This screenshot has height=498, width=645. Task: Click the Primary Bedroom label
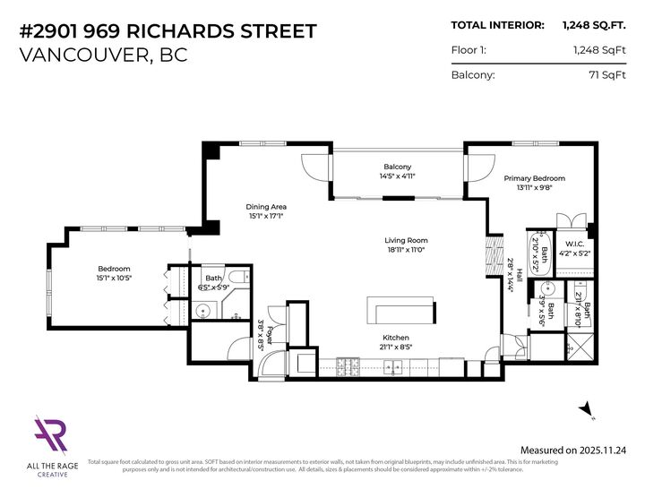[x=534, y=178]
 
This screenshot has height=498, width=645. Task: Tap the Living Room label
[x=406, y=240]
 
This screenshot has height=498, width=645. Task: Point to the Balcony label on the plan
[x=397, y=167]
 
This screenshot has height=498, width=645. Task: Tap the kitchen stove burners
[x=348, y=365]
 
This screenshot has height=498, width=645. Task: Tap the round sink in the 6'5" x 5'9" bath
[x=205, y=312]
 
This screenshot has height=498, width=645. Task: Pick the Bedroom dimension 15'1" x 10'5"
[x=115, y=279]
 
